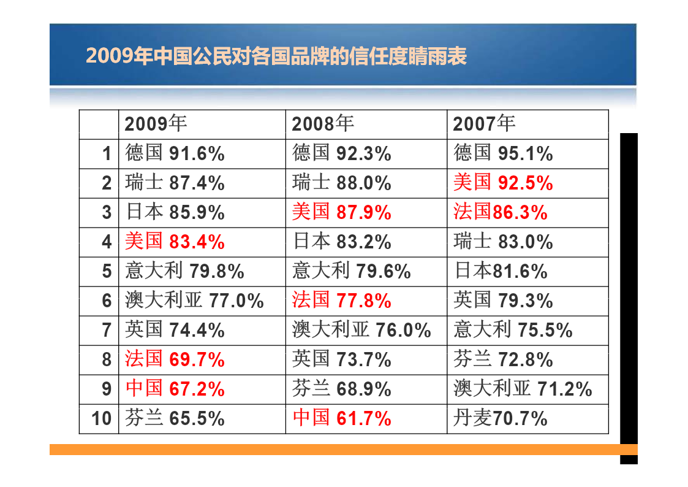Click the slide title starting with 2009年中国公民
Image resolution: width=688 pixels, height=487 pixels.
[276, 56]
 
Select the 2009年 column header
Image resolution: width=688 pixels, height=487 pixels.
[156, 124]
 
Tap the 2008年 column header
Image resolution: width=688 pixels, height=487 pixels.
[323, 124]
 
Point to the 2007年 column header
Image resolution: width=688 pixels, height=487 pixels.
[484, 124]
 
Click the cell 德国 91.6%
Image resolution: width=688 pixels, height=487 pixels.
[175, 153]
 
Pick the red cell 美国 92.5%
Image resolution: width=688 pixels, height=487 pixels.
[503, 183]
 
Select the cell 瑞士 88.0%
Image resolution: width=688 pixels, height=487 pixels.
[342, 183]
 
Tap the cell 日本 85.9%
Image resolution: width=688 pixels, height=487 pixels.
[175, 212]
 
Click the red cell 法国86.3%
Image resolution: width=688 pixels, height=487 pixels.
[501, 212]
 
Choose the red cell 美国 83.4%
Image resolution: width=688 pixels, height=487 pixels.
[175, 242]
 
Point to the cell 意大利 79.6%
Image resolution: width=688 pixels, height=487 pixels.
[352, 271]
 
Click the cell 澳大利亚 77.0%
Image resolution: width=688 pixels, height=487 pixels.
[195, 301]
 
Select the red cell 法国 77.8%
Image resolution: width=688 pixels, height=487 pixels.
[342, 301]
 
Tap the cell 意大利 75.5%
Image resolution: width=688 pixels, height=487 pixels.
[513, 330]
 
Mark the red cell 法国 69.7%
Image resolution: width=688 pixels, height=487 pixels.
[175, 359]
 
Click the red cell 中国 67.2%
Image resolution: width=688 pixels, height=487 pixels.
[175, 389]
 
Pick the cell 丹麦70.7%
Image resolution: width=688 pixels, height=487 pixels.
[501, 418]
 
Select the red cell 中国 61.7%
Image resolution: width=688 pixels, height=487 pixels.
[342, 418]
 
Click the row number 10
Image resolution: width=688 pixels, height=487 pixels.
[102, 419]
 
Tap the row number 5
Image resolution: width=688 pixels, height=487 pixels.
[107, 271]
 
